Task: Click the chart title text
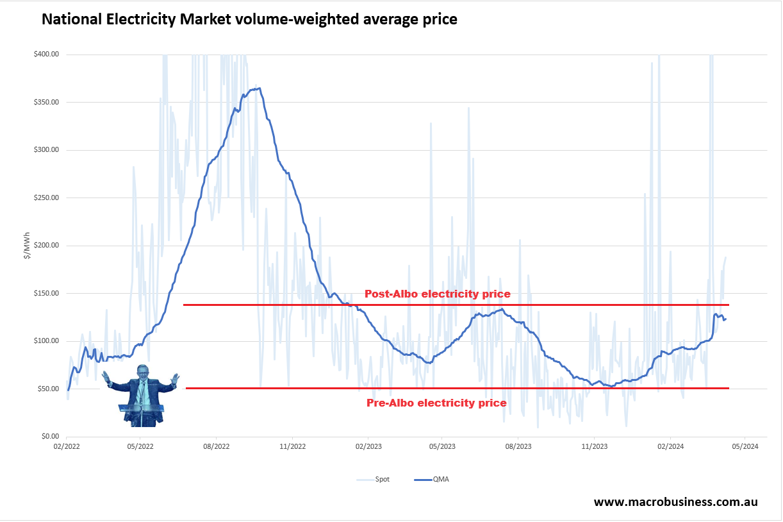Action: click(249, 20)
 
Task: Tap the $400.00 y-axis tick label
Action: click(46, 55)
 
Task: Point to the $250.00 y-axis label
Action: click(46, 198)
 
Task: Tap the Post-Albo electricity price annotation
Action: click(437, 294)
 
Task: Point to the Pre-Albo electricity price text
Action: click(436, 403)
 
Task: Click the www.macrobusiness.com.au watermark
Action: click(675, 502)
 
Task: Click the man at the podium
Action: click(142, 394)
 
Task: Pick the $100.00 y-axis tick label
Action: click(46, 341)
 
